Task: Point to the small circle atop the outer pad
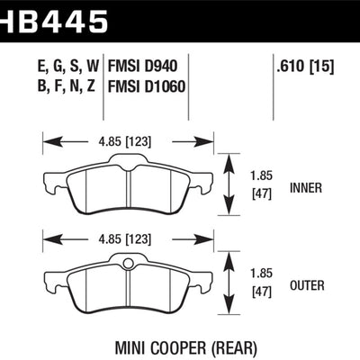[128, 263]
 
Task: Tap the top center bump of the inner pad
[128, 161]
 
